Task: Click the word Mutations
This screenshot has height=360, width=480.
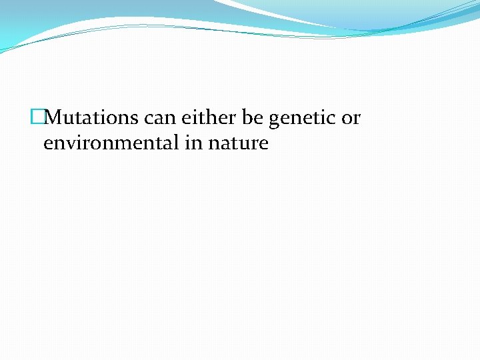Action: click(x=92, y=118)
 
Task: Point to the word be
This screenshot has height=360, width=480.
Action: click(x=253, y=118)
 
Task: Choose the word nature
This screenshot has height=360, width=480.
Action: click(x=237, y=143)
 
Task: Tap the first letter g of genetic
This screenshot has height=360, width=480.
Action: click(x=274, y=121)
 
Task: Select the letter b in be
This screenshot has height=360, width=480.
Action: click(x=248, y=118)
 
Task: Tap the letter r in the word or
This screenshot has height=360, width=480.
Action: click(x=357, y=119)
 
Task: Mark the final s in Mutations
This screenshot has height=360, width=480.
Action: click(x=135, y=119)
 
